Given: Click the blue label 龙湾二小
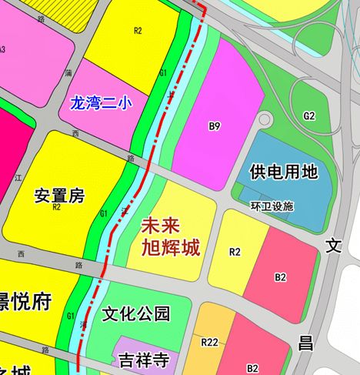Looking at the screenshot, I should point(101,102).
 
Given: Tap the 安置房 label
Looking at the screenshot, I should point(58,196).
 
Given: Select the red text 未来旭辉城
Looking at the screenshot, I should point(171,237).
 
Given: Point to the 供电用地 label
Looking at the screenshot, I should point(284,172).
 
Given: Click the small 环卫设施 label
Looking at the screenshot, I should point(272,207).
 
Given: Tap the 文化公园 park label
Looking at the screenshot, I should point(135,315).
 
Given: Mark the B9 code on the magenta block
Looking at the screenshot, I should point(215,125).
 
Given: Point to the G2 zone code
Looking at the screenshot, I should point(309,116).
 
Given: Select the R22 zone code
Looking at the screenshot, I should point(209,342).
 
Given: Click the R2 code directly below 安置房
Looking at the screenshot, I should point(56,207).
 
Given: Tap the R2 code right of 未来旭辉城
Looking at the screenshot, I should point(235,252).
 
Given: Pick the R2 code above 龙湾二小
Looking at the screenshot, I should point(138,31).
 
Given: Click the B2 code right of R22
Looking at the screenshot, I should point(252,368).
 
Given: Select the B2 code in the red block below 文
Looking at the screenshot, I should point(281,276).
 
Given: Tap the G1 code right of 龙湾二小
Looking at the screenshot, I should point(163,72).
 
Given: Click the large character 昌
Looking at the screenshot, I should point(306,343).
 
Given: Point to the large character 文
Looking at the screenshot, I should point(333,246).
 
